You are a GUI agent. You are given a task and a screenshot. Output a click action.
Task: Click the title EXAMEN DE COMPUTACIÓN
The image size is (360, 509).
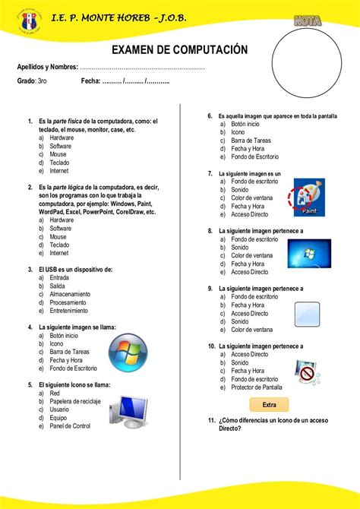180,49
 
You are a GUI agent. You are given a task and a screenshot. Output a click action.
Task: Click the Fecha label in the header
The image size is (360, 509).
90,81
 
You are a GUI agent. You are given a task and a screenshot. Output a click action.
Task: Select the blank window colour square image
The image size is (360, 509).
309,313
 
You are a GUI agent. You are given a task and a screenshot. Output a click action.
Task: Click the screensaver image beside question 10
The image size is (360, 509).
308,372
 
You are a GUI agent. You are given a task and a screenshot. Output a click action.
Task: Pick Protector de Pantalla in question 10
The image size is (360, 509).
256,387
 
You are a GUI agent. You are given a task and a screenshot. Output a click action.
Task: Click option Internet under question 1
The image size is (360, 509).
59,171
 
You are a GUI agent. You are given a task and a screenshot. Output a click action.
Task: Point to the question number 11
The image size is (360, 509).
211,421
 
